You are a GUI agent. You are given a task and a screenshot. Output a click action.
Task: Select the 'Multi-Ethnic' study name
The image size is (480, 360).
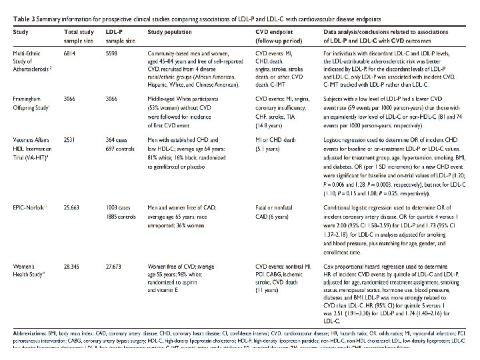pos(31,51)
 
